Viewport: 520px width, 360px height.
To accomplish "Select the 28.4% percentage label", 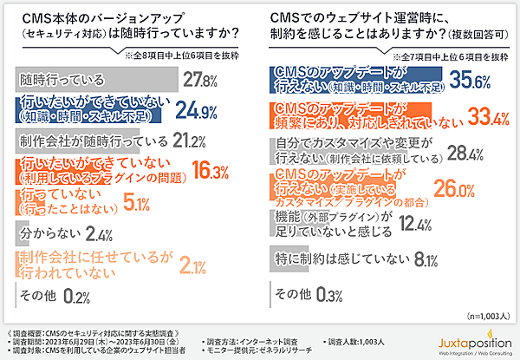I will click(442, 154).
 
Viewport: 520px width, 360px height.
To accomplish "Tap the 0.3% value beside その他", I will click(328, 296).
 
